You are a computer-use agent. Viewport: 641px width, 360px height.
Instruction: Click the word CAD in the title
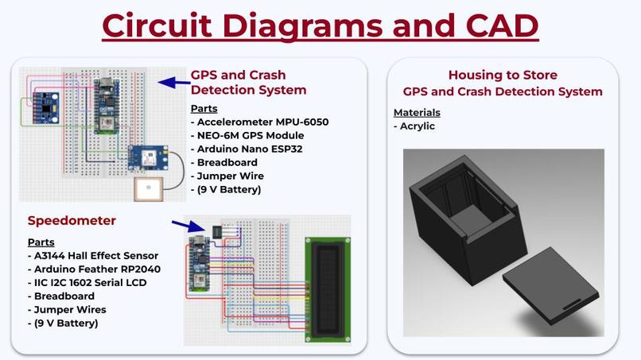[502, 25]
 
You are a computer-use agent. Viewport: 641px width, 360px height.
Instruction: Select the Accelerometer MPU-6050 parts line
[259, 122]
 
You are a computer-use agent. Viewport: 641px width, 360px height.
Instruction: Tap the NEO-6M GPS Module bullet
[247, 135]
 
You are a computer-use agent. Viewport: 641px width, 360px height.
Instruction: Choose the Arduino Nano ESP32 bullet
[247, 149]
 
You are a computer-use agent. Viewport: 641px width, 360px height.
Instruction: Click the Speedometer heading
[72, 221]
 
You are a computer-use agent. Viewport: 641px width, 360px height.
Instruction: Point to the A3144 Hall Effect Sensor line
[93, 255]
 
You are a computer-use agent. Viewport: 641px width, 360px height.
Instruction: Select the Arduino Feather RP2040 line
[94, 269]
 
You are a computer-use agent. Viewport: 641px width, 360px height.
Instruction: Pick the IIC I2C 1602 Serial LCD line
[87, 282]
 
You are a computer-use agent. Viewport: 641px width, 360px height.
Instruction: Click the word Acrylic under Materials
[417, 126]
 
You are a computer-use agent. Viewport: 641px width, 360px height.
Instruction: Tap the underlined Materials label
[417, 112]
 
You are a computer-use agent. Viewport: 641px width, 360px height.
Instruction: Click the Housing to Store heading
[503, 75]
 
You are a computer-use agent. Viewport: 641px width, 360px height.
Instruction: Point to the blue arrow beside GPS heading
[173, 83]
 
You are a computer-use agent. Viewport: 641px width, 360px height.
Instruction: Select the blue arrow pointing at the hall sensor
[188, 226]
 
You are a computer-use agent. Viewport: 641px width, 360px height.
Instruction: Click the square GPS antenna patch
[149, 189]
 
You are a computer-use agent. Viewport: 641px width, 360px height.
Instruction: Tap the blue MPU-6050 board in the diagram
[46, 108]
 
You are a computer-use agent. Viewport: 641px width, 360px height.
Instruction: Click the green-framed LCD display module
[328, 290]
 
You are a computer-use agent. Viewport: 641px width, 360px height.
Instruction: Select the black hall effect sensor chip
[217, 232]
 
